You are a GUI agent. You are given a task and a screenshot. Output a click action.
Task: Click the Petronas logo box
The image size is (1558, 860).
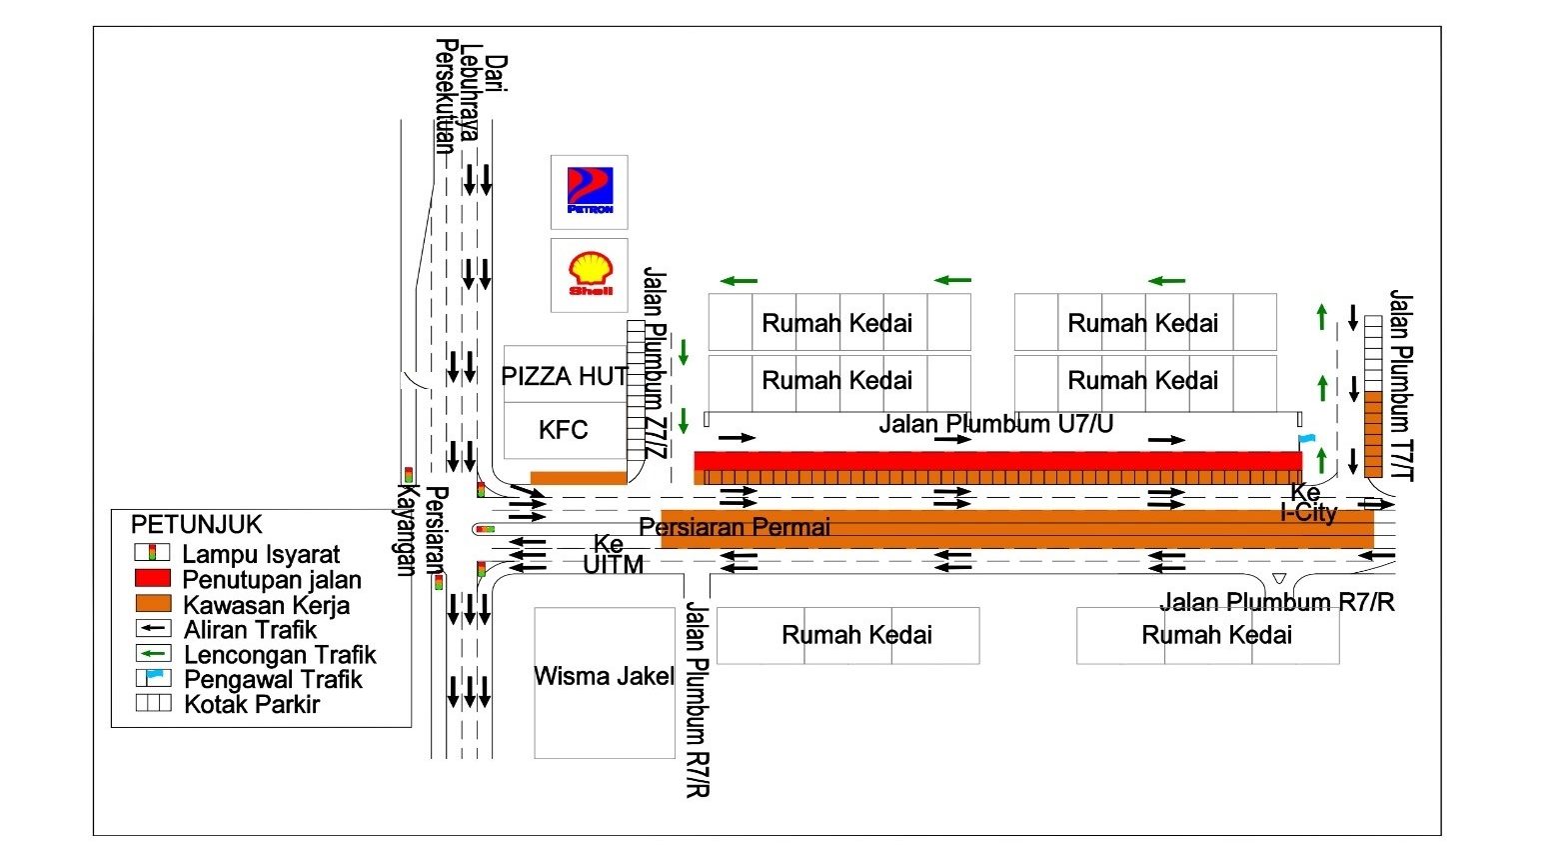pyautogui.click(x=590, y=191)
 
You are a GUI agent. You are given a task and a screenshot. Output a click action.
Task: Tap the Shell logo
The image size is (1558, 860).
pyautogui.click(x=590, y=274)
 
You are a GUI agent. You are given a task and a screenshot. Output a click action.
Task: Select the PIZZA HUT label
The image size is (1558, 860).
pyautogui.click(x=564, y=376)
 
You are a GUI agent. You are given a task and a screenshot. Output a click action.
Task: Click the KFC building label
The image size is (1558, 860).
pyautogui.click(x=564, y=430)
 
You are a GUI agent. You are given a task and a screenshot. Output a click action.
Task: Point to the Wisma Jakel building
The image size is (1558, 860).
pyautogui.click(x=604, y=677)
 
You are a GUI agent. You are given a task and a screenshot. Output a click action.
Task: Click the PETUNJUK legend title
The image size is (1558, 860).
pyautogui.click(x=197, y=525)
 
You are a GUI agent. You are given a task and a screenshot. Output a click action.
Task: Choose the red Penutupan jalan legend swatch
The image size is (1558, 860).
pyautogui.click(x=152, y=578)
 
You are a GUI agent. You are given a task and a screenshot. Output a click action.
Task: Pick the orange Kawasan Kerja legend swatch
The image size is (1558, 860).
pyautogui.click(x=152, y=604)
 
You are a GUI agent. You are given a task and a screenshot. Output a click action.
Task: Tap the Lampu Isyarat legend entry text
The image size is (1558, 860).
pyautogui.click(x=261, y=554)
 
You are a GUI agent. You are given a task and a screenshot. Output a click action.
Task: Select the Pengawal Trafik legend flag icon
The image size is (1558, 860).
pyautogui.click(x=153, y=677)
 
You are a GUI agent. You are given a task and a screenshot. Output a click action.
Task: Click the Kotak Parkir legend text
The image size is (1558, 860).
pyautogui.click(x=252, y=704)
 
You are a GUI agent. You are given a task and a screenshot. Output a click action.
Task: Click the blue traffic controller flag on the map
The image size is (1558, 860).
pyautogui.click(x=1305, y=440)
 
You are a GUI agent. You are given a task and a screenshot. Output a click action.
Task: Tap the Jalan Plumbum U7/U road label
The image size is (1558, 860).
pyautogui.click(x=995, y=424)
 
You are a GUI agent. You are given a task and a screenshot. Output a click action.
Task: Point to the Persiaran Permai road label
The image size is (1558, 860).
pyautogui.click(x=735, y=527)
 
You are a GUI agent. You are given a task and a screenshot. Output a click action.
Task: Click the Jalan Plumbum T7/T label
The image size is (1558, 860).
pyautogui.click(x=1401, y=385)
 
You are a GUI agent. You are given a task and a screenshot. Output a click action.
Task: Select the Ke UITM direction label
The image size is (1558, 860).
pyautogui.click(x=612, y=555)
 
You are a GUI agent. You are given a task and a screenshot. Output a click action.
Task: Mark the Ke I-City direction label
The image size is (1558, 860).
pyautogui.click(x=1308, y=503)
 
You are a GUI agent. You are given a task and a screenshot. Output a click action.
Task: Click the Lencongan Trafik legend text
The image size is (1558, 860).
pyautogui.click(x=280, y=655)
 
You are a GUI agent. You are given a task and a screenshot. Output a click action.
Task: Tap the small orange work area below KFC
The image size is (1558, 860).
pyautogui.click(x=578, y=477)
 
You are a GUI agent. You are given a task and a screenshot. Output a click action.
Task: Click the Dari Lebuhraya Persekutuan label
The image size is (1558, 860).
pyautogui.click(x=470, y=97)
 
